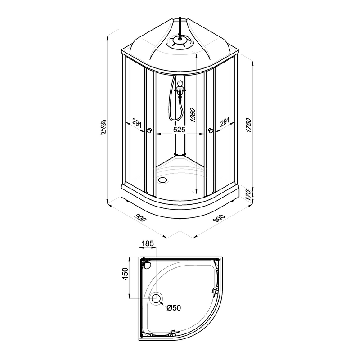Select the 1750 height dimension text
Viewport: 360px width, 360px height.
[x=248, y=123]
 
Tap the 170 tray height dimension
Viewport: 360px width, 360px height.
[x=248, y=195]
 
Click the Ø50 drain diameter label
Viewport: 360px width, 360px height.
[x=173, y=308]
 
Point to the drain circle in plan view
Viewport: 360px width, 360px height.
[x=157, y=298]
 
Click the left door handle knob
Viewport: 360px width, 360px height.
[x=149, y=131]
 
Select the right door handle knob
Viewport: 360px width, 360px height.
[x=211, y=131]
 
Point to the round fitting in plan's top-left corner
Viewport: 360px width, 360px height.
[x=146, y=265]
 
